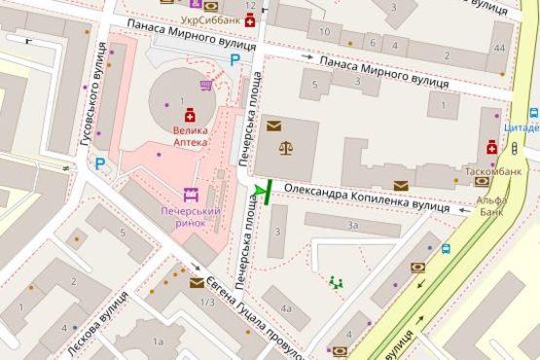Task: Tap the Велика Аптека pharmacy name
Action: pyautogui.click(x=190, y=134)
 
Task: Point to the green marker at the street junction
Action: pyautogui.click(x=261, y=193)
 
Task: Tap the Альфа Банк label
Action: pyautogui.click(x=491, y=206)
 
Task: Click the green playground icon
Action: pyautogui.click(x=337, y=282)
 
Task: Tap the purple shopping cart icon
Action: pyautogui.click(x=205, y=86)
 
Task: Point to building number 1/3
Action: pyautogui.click(x=206, y=302)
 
